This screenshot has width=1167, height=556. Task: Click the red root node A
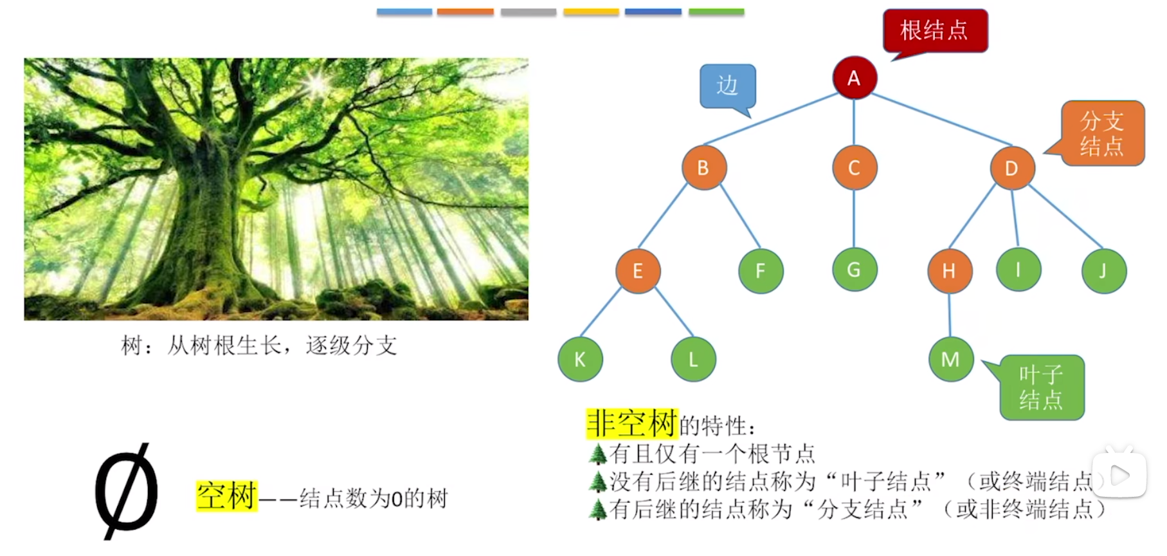[854, 78]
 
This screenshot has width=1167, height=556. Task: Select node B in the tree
[704, 167]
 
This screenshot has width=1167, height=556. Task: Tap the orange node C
[854, 167]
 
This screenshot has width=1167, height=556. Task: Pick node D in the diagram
[1011, 168]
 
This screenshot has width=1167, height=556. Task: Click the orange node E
[638, 271]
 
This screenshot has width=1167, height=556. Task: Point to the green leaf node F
[761, 271]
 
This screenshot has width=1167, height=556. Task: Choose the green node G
[854, 270]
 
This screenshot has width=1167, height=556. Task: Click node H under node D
[950, 271]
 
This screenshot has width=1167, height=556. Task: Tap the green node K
[580, 359]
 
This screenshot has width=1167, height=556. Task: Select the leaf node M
[950, 359]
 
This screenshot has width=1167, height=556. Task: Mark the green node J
[1103, 271]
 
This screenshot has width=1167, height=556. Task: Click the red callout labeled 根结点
[936, 31]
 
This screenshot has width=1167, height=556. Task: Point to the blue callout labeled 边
[728, 86]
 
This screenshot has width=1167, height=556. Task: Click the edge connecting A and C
[854, 122]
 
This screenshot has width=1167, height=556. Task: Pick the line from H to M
[950, 315]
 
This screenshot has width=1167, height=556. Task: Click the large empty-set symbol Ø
[127, 491]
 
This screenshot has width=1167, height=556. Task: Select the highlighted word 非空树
[632, 424]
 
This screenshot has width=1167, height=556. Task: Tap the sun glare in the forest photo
[317, 82]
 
